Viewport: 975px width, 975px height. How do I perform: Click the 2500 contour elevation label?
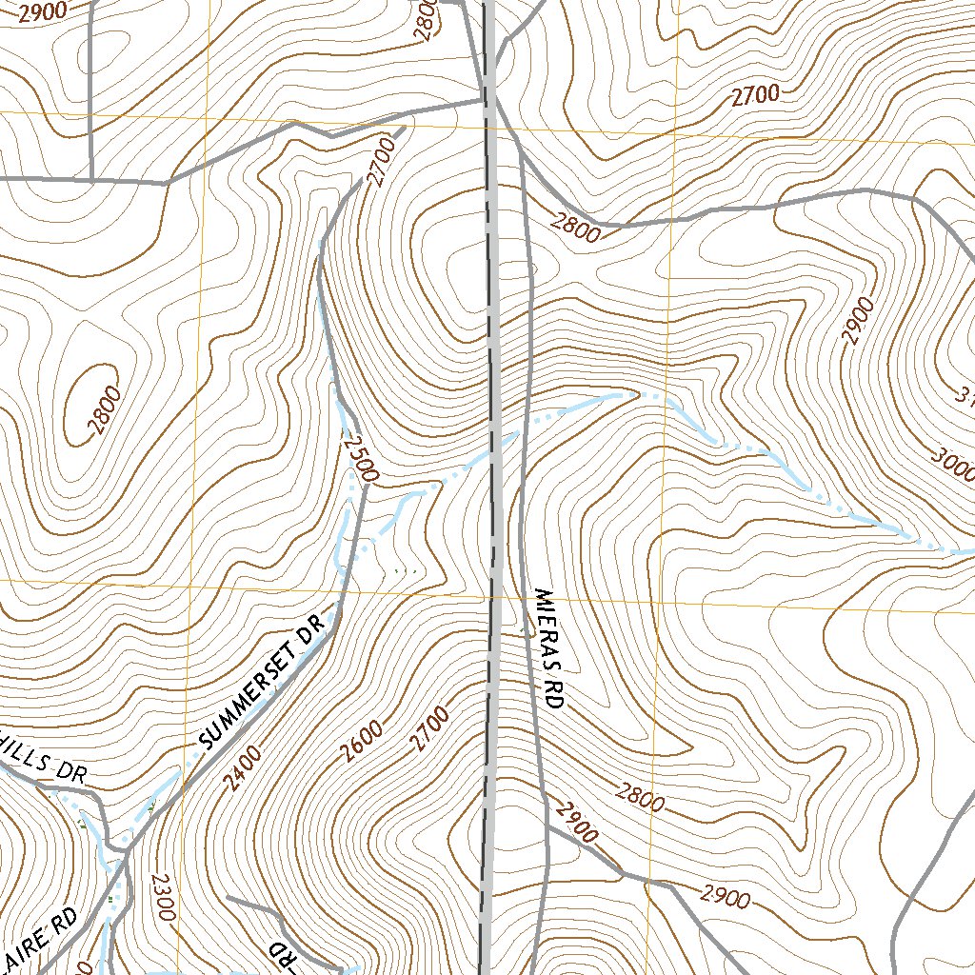pos(362,459)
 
